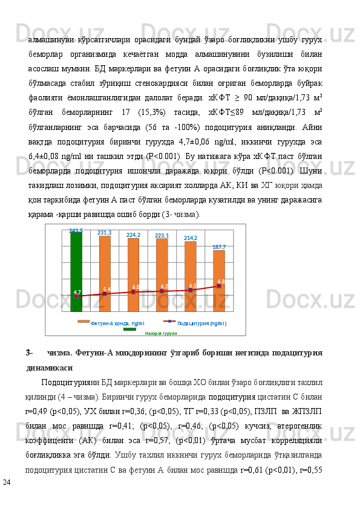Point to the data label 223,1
162,235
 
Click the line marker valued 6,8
219,286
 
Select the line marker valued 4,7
76,296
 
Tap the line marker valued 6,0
133,292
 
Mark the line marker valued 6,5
191,290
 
